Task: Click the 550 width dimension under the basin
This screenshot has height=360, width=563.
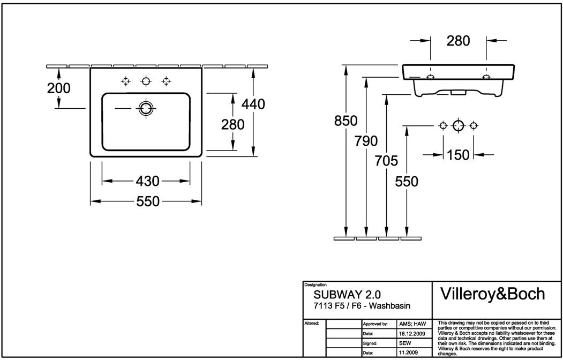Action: point(148,201)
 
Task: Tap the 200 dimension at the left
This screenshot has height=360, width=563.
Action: point(58,88)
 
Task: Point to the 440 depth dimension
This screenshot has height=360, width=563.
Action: point(253,104)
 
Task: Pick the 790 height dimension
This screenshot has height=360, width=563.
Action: point(366,141)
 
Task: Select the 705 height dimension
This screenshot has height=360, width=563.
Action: point(386,161)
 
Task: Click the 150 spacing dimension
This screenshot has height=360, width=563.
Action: point(458,155)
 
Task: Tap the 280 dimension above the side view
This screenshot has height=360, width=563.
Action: point(458,40)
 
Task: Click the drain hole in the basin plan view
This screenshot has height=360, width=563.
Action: point(145,109)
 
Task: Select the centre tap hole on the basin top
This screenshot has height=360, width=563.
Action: point(146,81)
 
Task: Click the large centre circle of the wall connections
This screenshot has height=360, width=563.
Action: point(458,126)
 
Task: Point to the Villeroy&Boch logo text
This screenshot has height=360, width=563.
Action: point(492,294)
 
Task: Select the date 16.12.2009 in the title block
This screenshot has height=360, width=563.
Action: point(412,333)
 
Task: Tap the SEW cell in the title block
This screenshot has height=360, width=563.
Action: point(405,343)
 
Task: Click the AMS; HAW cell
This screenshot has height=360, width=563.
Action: point(412,324)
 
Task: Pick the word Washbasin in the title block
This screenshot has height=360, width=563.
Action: point(389,306)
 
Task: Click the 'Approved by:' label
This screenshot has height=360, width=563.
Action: point(376,324)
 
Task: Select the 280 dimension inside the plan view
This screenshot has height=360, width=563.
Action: point(233,124)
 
